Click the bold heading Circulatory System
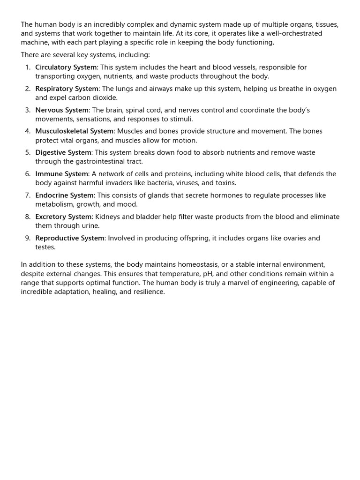pos(66,67)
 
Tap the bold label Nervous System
pos(61,110)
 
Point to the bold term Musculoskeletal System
pos(74,132)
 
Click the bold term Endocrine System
pos(64,195)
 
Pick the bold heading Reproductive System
pos(69,239)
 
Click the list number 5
pos(28,153)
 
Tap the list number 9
pos(28,239)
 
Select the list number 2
pos(28,89)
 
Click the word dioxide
pos(101,98)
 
